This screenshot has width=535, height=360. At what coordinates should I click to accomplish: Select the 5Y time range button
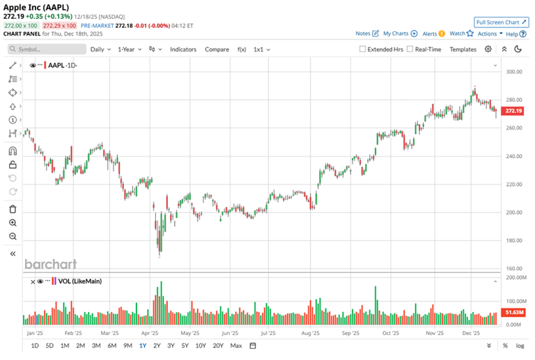coord(185,346)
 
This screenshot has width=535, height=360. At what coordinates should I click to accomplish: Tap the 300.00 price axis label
coord(515,72)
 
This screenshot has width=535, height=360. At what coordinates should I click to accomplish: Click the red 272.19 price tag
coord(514,111)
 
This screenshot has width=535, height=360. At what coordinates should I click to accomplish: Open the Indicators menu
coord(183,49)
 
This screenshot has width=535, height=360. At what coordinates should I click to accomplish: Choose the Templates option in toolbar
coord(463,49)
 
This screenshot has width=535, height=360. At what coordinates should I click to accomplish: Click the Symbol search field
coord(46,49)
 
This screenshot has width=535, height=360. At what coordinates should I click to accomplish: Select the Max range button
coord(236,346)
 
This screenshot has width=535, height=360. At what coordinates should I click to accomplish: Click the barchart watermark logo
coord(51,265)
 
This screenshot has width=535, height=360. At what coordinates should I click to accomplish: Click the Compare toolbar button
coord(217,49)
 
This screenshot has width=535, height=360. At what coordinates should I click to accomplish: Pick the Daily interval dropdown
coord(100,49)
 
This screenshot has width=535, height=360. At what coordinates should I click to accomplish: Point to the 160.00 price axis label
coord(515,269)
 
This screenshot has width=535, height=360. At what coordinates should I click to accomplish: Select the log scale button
coord(520,346)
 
